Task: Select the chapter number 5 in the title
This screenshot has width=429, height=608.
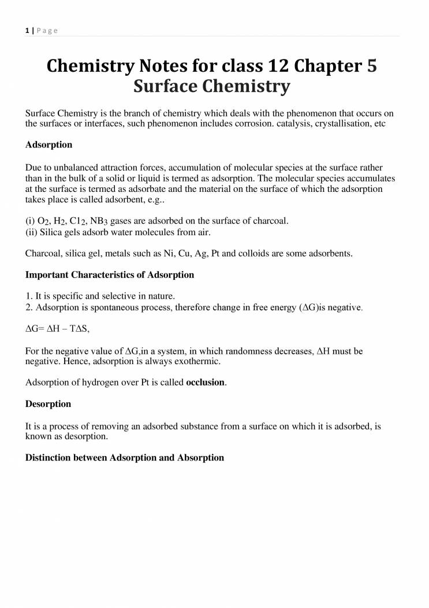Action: click(x=372, y=66)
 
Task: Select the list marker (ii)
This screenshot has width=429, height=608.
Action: click(x=31, y=232)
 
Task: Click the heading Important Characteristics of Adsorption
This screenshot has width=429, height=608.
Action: click(x=110, y=275)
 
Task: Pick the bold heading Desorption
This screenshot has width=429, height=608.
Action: click(x=49, y=403)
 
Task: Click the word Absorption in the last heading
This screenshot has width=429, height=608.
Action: click(x=200, y=457)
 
